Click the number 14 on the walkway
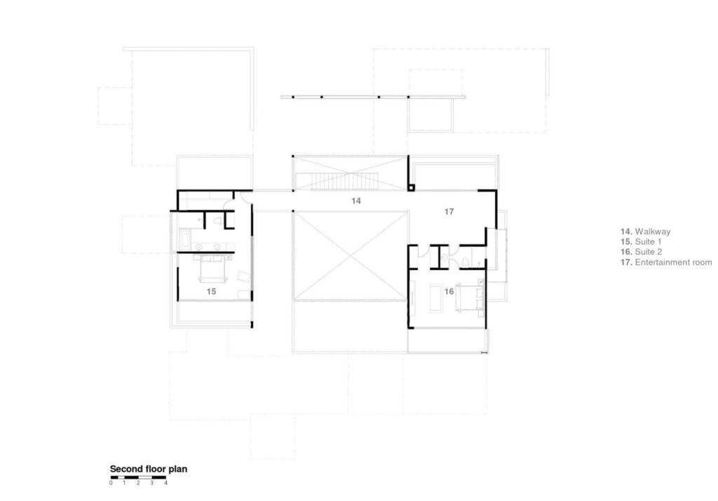pyautogui.click(x=355, y=201)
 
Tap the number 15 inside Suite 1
pyautogui.click(x=211, y=291)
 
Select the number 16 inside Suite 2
pyautogui.click(x=449, y=291)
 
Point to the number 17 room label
pyautogui.click(x=449, y=212)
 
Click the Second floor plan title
pyautogui.click(x=149, y=469)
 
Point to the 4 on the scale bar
pyautogui.click(x=165, y=483)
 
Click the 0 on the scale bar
pyautogui.click(x=111, y=483)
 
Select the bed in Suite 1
pyautogui.click(x=212, y=269)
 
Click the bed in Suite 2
pyautogui.click(x=470, y=298)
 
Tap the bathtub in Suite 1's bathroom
pyautogui.click(x=185, y=239)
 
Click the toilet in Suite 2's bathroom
pyautogui.click(x=466, y=262)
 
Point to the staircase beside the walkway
pyautogui.click(x=345, y=182)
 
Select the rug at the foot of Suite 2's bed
pyautogui.click(x=435, y=298)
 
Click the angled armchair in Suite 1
pyautogui.click(x=243, y=276)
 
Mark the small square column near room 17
pyautogui.click(x=411, y=187)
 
